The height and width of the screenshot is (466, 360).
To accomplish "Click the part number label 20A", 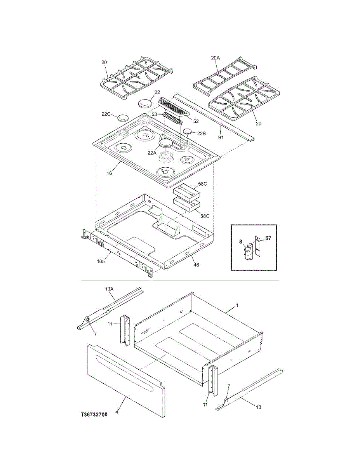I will point(215,58).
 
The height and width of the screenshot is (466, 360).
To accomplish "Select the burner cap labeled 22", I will point(145,104).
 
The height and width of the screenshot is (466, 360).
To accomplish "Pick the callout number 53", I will point(154,114).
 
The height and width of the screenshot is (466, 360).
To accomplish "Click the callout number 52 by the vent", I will point(196,121).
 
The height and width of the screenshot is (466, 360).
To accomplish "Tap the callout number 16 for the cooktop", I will point(110,173).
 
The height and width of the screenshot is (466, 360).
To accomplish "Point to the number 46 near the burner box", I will point(196,264).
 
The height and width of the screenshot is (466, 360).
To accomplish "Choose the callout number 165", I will point(101,262).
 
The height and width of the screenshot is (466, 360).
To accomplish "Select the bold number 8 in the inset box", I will point(241,242).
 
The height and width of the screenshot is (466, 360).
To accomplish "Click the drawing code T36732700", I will point(94,415).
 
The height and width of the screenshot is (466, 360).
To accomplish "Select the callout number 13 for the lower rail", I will point(258,407).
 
